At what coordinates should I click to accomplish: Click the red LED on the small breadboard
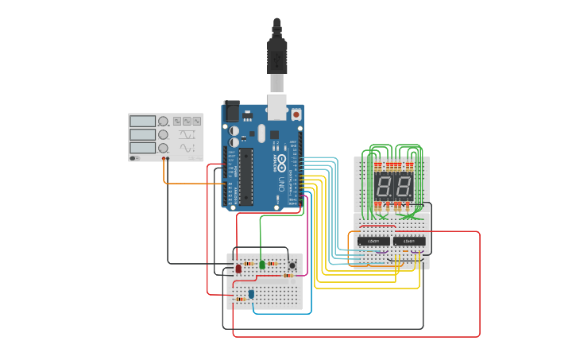(238, 269)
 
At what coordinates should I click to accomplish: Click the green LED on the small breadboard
(262, 264)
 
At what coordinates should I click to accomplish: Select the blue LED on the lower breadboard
(251, 294)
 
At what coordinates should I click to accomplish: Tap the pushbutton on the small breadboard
(292, 265)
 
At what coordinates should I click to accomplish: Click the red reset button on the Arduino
(296, 114)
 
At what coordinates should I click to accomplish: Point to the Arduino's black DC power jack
(231, 110)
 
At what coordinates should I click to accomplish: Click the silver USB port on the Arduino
(277, 103)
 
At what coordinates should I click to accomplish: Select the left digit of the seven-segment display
(383, 188)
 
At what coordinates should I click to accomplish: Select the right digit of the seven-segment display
(404, 188)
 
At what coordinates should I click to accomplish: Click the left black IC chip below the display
(373, 241)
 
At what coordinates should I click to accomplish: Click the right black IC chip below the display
(409, 241)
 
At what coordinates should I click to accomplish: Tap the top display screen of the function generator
(142, 122)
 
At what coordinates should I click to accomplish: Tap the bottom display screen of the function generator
(142, 148)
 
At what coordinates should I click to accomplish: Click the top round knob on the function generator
(163, 122)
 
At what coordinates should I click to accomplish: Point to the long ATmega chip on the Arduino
(245, 175)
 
